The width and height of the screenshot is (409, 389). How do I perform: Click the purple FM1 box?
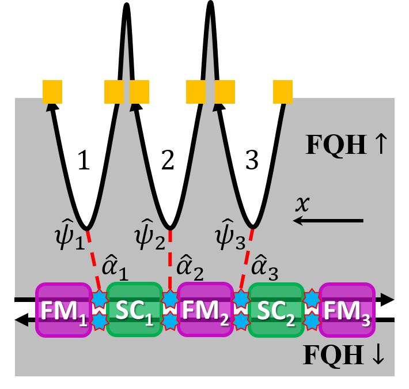click(x=64, y=309)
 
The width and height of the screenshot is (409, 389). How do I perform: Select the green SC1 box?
click(x=134, y=309)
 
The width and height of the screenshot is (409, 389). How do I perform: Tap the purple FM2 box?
click(x=204, y=309)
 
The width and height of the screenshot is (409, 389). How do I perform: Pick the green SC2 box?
click(x=276, y=309)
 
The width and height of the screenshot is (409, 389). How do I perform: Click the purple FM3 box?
click(x=347, y=309)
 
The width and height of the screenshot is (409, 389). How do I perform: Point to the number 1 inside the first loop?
click(x=84, y=162)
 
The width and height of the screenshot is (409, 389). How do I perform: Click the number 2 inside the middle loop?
click(x=168, y=162)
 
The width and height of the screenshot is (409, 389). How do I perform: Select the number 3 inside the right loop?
click(x=252, y=162)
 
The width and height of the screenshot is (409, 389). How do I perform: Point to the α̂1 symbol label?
click(x=115, y=267)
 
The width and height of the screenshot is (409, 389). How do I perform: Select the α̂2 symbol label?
click(x=190, y=267)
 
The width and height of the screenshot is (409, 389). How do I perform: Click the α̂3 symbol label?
click(x=265, y=267)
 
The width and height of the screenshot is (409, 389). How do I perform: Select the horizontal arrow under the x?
click(x=328, y=221)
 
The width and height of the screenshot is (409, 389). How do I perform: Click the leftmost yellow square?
click(x=52, y=92)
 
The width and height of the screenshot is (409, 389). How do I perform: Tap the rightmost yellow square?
click(x=283, y=92)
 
